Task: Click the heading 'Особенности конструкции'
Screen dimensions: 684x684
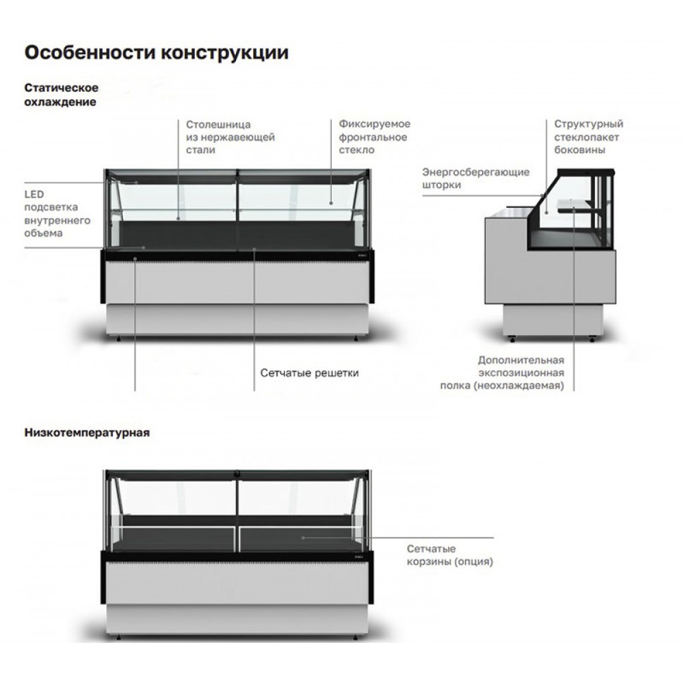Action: pyautogui.click(x=156, y=53)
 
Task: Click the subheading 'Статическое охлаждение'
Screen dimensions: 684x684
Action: pyautogui.click(x=61, y=94)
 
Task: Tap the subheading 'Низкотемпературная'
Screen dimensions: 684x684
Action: pyautogui.click(x=87, y=432)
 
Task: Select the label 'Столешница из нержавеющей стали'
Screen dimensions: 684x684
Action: pyautogui.click(x=231, y=137)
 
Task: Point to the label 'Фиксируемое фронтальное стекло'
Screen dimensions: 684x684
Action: pyautogui.click(x=374, y=137)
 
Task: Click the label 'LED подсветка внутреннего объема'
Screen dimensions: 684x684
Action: pyautogui.click(x=57, y=213)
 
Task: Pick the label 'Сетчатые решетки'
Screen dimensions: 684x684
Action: pyautogui.click(x=309, y=373)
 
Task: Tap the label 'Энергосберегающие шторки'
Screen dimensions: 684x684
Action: pyautogui.click(x=475, y=179)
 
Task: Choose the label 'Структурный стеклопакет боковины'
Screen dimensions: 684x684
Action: pyautogui.click(x=588, y=137)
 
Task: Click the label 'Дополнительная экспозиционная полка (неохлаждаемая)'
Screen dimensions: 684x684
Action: pyautogui.click(x=502, y=373)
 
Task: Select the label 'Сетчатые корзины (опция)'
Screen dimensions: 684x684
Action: pyautogui.click(x=450, y=555)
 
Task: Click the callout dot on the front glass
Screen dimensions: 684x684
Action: pyautogui.click(x=331, y=203)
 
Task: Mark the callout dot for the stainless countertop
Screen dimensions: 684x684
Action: pyautogui.click(x=179, y=218)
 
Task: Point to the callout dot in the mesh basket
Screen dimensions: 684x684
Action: pyautogui.click(x=303, y=538)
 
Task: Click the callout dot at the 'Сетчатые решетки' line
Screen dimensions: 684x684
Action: pyautogui.click(x=254, y=250)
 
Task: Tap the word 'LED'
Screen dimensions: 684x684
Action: pyautogui.click(x=34, y=194)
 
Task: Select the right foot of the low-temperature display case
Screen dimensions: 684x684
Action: pyautogui.click(x=356, y=637)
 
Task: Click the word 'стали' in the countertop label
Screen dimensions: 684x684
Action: pyautogui.click(x=200, y=150)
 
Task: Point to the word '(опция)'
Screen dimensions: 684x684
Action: pyautogui.click(x=474, y=562)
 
